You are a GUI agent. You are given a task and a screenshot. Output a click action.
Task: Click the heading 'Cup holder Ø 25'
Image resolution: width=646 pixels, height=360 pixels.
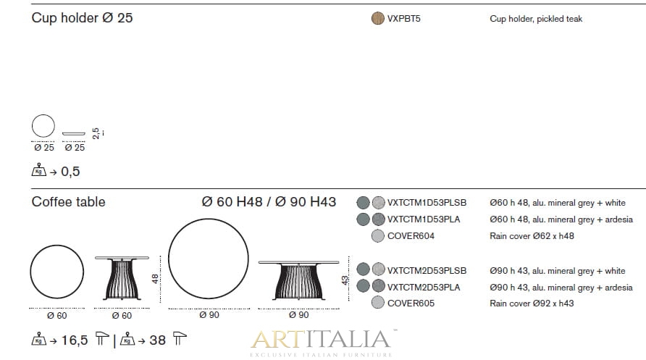(82, 17)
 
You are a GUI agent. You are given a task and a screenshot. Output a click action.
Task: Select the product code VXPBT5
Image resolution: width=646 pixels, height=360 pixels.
(404, 19)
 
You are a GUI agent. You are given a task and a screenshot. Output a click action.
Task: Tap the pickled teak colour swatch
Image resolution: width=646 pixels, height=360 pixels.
(378, 19)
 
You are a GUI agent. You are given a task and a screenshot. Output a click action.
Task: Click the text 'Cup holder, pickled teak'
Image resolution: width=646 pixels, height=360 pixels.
(536, 19)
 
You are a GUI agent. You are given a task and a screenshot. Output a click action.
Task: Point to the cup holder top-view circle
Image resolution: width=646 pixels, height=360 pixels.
(43, 114)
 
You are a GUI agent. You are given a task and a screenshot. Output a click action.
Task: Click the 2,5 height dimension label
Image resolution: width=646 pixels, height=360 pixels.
(96, 133)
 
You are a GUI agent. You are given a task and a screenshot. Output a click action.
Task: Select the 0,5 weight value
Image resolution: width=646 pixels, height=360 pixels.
(70, 172)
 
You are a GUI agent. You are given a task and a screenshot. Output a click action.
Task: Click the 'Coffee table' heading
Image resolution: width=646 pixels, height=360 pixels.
(68, 202)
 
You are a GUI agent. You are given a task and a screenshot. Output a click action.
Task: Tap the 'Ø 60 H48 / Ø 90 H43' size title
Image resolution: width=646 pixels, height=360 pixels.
(269, 202)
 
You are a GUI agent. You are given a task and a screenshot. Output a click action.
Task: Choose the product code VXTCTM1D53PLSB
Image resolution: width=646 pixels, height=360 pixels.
(427, 203)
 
